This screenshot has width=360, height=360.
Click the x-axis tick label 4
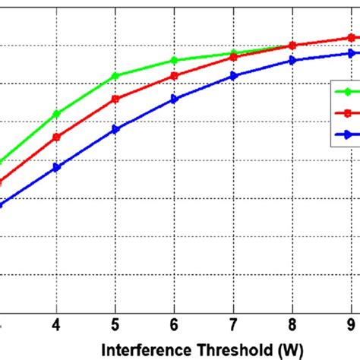[56, 324]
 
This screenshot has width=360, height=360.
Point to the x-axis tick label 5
[115, 324]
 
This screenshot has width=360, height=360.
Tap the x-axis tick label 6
[174, 324]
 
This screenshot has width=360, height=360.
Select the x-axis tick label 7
[233, 324]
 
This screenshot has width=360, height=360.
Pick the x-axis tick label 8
[292, 324]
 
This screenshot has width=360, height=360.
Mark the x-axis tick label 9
[350, 324]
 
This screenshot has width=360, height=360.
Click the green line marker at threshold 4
[56, 114]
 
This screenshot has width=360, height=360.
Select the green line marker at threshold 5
[115, 75]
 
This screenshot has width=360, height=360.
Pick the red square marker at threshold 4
[56, 137]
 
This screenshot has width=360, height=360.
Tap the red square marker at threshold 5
[115, 99]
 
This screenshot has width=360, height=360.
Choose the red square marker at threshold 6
[174, 75]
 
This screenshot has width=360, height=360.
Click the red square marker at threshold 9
[350, 37]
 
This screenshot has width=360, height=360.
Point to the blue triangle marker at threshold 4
[56, 167]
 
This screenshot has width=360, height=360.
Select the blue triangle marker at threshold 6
[174, 99]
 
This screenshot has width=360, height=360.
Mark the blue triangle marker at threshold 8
[292, 60]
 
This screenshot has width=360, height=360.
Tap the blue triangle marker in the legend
[347, 134]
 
